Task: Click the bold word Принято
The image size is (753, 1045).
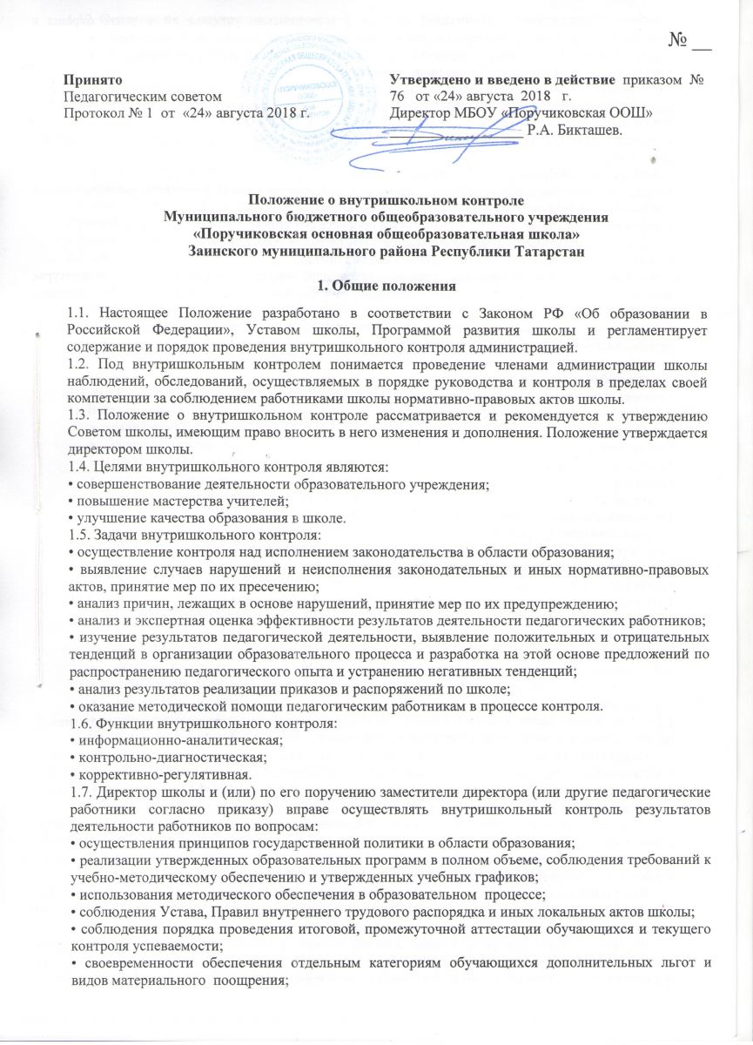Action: (x=93, y=79)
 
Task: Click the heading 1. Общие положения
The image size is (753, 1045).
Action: (x=375, y=283)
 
